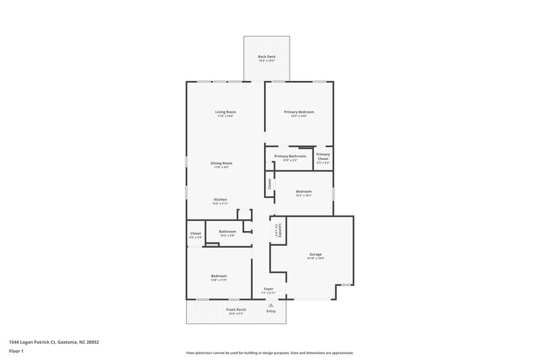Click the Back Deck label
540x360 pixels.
click(266, 56)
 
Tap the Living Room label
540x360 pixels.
click(225, 111)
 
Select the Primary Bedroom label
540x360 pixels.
click(298, 111)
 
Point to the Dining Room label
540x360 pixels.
click(221, 163)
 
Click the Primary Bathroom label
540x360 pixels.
click(290, 156)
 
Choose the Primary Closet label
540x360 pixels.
click(323, 156)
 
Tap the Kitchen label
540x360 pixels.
click(220, 199)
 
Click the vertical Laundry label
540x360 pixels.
click(277, 229)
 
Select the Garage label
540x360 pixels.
click(315, 254)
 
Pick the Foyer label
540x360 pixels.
click(268, 288)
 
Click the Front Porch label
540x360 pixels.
click(236, 309)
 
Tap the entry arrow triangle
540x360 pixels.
click(271, 304)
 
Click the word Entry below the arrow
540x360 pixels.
click(271, 311)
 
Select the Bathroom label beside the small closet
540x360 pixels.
click(227, 232)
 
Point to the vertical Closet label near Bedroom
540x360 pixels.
click(269, 183)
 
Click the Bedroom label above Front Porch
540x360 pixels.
click(218, 276)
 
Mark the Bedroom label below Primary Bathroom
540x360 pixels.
click(304, 191)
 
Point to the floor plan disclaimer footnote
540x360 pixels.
click(269, 353)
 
